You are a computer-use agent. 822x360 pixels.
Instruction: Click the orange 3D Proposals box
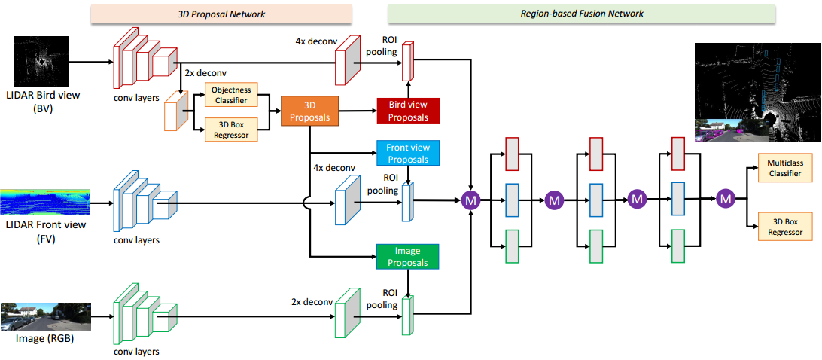(309, 110)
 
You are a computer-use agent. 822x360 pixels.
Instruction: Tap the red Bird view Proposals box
(407, 111)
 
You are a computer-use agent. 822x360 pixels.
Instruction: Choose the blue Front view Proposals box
(407, 153)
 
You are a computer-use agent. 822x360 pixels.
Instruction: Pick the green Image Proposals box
(407, 256)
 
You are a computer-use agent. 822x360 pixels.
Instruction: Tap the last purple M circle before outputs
(726, 199)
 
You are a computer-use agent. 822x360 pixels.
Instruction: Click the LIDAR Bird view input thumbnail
(41, 63)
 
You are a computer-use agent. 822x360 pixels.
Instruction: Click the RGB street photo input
(46, 317)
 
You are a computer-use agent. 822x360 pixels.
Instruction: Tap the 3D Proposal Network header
(221, 14)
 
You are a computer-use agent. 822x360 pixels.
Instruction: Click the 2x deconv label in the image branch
(312, 302)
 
